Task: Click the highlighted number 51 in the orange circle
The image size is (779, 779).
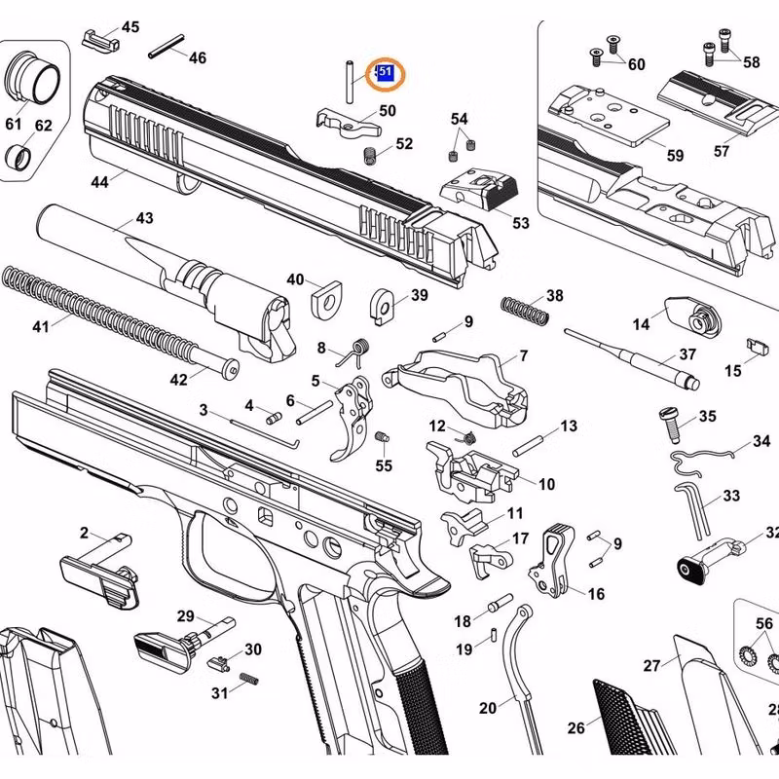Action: [386, 72]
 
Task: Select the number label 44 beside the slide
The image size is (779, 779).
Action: [100, 181]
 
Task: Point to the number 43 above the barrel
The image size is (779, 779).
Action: [144, 218]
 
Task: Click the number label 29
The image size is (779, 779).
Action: [185, 615]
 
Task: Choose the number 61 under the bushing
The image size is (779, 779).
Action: [14, 124]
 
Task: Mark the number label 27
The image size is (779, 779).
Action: [651, 665]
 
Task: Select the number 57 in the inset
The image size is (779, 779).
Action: [722, 151]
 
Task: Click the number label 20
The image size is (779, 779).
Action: [488, 708]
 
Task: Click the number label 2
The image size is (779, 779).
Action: [84, 533]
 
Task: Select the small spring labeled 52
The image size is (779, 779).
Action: [370, 155]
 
